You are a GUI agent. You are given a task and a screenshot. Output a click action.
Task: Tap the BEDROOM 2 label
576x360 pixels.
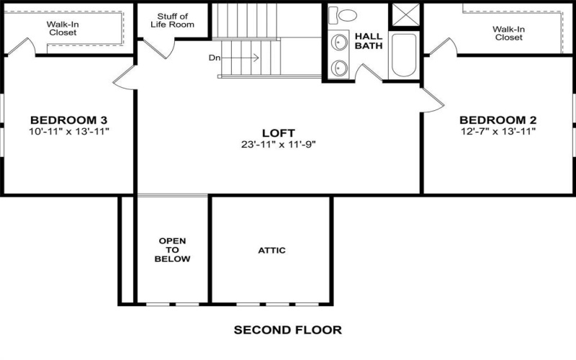pos(498,120)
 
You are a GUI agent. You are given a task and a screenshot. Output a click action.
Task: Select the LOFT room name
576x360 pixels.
pos(279,132)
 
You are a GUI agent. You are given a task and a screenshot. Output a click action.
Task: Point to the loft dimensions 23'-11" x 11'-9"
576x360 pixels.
pos(279,143)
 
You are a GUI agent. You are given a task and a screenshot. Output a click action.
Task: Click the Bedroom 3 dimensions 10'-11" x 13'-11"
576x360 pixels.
pos(68,131)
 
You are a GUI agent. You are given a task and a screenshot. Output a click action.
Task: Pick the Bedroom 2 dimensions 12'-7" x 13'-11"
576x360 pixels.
pos(498,131)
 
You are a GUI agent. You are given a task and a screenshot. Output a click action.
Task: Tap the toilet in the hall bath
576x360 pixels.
pos(348,14)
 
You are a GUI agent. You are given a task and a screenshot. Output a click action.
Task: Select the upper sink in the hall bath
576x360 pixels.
pos(339,43)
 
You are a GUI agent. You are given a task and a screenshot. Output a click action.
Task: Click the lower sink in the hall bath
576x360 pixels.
pos(339,68)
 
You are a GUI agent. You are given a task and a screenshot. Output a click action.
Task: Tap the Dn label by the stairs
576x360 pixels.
pos(215,58)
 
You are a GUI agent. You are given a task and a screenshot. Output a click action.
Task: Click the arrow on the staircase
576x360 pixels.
pos(245,58)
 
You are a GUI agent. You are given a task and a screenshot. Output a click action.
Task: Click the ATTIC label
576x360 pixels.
pos(271,251)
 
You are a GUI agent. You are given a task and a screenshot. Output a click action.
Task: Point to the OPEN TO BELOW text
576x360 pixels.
pos(172,250)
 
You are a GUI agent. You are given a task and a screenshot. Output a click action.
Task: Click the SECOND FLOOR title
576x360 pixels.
pos(287,330)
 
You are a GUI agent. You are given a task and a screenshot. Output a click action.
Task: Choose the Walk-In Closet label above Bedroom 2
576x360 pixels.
pos(508,33)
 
